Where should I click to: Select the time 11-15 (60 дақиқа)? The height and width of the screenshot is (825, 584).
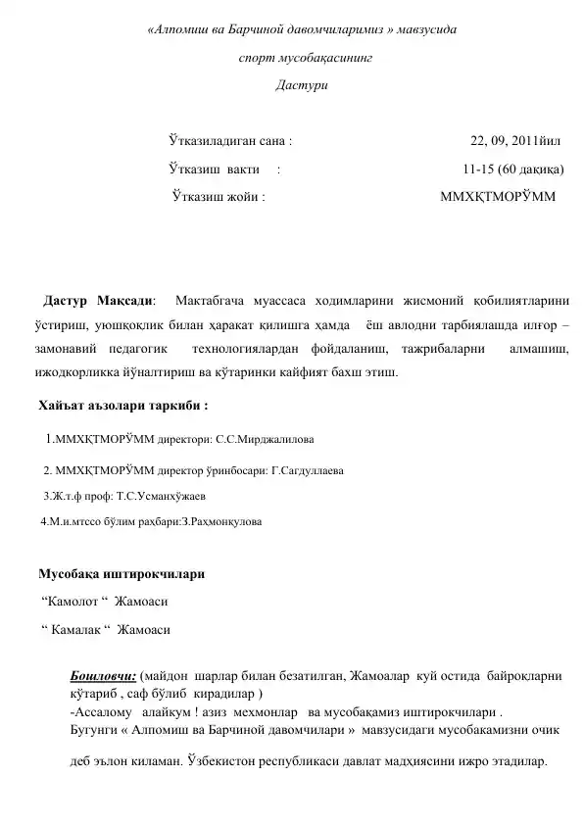coord(512,169)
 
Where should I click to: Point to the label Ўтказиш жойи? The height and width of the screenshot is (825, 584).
coord(218,196)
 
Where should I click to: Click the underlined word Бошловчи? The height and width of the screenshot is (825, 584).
coord(103,676)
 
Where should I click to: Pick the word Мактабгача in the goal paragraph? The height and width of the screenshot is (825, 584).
coord(220,298)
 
